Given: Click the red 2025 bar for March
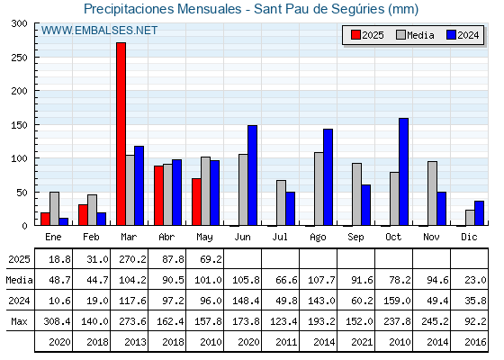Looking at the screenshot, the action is [121, 134].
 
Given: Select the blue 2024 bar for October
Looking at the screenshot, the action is [404, 172].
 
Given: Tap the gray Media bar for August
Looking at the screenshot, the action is [319, 189].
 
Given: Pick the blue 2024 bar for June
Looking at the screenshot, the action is [252, 175].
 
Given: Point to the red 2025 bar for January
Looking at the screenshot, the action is [45, 219].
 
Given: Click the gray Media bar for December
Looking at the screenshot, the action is [470, 218].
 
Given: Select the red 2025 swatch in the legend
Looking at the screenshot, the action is [355, 35].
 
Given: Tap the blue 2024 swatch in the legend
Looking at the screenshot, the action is [451, 35].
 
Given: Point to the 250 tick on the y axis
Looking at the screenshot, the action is [20, 58].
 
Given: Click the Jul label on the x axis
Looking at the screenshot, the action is [280, 237].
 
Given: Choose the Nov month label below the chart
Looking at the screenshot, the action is [431, 237].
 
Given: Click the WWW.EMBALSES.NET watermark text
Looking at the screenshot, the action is [99, 31].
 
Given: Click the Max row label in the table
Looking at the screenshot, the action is [19, 321].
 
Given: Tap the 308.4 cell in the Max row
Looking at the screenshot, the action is [57, 321].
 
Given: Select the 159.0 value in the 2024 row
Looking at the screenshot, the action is [397, 301].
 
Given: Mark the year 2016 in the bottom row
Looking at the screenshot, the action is [475, 342].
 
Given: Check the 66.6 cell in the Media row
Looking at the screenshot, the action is [287, 280].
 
